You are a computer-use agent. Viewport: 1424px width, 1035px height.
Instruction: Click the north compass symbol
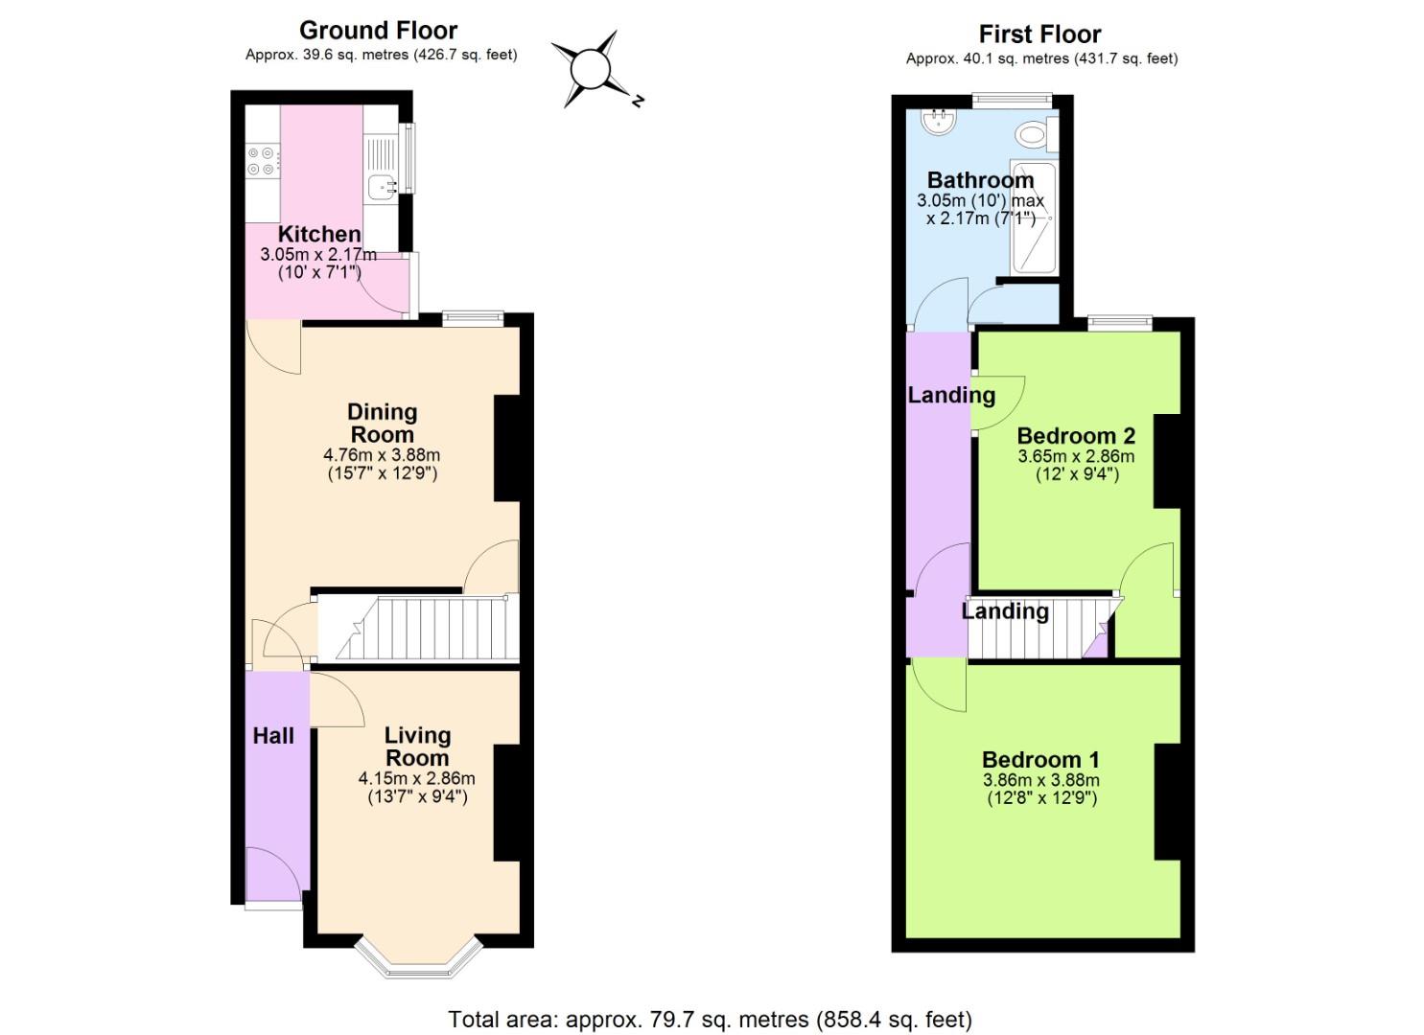pyautogui.click(x=591, y=69)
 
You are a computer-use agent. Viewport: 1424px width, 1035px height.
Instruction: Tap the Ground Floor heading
pyautogui.click(x=379, y=31)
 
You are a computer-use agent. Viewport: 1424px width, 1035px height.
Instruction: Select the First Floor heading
pyautogui.click(x=1040, y=34)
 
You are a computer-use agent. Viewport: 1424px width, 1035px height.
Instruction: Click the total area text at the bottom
pyautogui.click(x=710, y=1019)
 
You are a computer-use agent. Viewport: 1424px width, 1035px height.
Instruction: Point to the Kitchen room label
pyautogui.click(x=319, y=234)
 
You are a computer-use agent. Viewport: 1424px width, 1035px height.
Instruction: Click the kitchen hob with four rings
pyautogui.click(x=262, y=160)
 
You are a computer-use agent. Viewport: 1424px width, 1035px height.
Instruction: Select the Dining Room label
pyautogui.click(x=382, y=423)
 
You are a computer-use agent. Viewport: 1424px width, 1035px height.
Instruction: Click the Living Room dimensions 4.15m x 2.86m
pyautogui.click(x=417, y=779)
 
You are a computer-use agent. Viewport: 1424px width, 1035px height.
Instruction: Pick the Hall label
pyautogui.click(x=273, y=736)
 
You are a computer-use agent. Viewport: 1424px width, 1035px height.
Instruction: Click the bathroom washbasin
pyautogui.click(x=937, y=121)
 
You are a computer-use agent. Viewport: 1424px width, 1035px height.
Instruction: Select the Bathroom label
pyautogui.click(x=980, y=180)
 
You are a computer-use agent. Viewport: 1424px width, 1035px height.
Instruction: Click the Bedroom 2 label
pyautogui.click(x=1076, y=436)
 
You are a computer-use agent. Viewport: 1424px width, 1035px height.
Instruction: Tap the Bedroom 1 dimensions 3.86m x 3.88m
pyautogui.click(x=1041, y=781)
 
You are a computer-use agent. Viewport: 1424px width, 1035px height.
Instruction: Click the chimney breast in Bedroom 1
pyautogui.click(x=1167, y=801)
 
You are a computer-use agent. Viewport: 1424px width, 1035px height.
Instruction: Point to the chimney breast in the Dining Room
pyautogui.click(x=507, y=448)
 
